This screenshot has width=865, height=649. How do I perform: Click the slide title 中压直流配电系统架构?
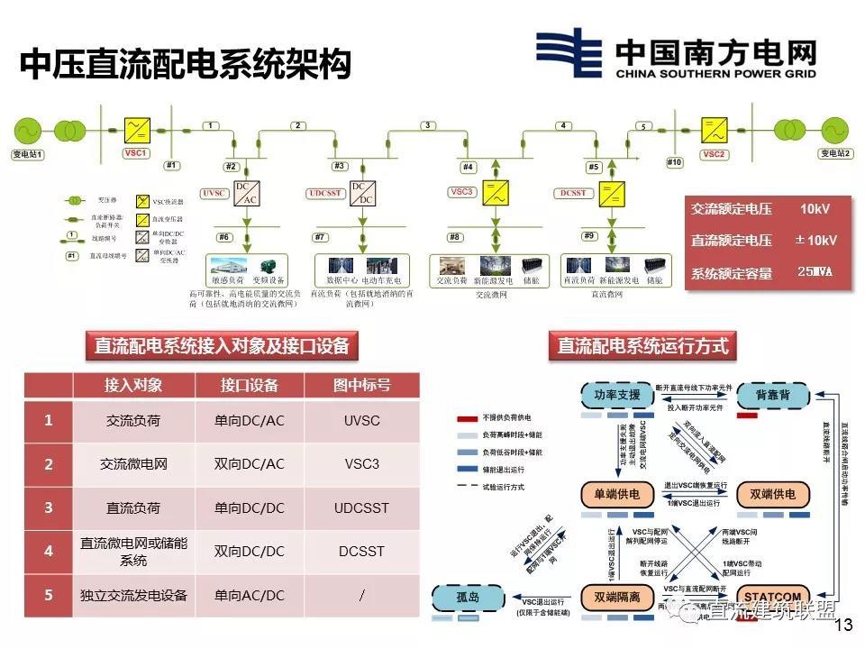tap(184, 65)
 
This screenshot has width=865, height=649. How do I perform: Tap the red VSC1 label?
tap(136, 154)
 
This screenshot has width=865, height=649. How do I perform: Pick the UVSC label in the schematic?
tap(214, 194)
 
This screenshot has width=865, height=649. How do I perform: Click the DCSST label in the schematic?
tap(573, 194)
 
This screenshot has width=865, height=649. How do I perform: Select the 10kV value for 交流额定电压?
tap(815, 209)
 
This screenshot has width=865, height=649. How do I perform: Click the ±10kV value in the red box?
tap(815, 241)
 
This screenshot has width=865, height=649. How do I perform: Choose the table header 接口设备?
tap(250, 385)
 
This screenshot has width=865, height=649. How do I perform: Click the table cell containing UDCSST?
tap(361, 508)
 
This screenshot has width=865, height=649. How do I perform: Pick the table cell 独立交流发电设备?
tap(133, 596)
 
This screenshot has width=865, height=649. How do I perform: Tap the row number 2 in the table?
tap(49, 464)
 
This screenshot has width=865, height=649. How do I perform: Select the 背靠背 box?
tap(773, 395)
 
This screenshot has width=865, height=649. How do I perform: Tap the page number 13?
tap(844, 626)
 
